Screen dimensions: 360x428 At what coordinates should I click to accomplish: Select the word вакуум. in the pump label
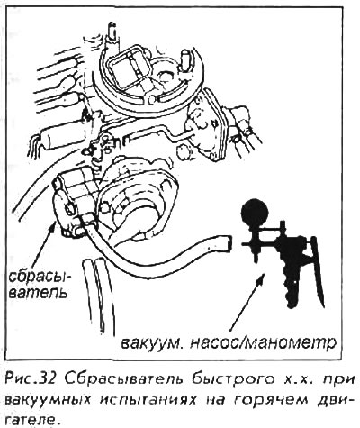tap(153, 343)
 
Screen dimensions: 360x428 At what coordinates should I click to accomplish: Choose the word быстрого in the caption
tap(233, 379)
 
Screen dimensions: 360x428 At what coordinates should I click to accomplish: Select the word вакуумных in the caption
tap(49, 400)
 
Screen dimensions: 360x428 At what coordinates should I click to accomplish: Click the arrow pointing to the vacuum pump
tap(247, 302)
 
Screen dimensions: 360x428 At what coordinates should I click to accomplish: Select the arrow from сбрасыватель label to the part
tap(44, 243)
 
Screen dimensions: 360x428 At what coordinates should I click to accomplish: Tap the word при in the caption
tap(339, 381)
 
